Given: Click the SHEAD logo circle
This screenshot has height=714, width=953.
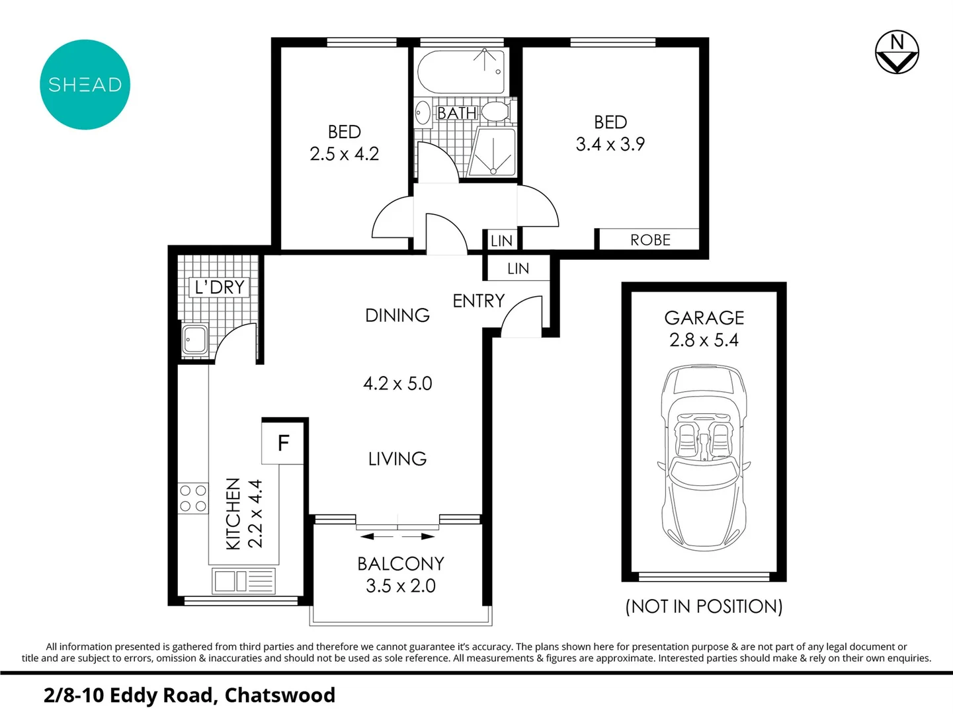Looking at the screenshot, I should (x=85, y=85).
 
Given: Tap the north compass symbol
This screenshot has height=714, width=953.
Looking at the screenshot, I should (x=897, y=52).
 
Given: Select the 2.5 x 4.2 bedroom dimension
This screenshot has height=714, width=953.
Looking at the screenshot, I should (x=344, y=154).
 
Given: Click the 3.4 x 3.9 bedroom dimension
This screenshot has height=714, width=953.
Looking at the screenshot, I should (x=610, y=144).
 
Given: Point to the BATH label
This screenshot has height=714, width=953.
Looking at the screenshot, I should (x=456, y=113).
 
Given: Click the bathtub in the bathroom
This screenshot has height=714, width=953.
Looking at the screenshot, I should (x=462, y=72).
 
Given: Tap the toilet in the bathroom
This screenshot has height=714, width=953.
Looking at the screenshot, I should (x=495, y=111).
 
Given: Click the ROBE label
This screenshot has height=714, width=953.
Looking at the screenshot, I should (x=650, y=240).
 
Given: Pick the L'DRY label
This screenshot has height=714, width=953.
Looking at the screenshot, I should (x=220, y=287).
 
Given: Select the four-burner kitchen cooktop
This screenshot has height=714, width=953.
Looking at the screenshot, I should (x=192, y=498).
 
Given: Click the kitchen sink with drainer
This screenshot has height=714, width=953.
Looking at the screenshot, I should (x=243, y=582).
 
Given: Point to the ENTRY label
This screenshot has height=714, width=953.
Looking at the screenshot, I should (x=478, y=301).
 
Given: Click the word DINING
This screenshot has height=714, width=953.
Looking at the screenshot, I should (x=397, y=315).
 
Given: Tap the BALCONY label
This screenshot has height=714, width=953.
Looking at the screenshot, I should (x=401, y=564).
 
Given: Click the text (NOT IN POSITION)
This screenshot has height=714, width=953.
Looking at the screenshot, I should (x=704, y=606).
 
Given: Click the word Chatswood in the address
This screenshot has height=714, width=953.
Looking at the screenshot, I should (x=280, y=695).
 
